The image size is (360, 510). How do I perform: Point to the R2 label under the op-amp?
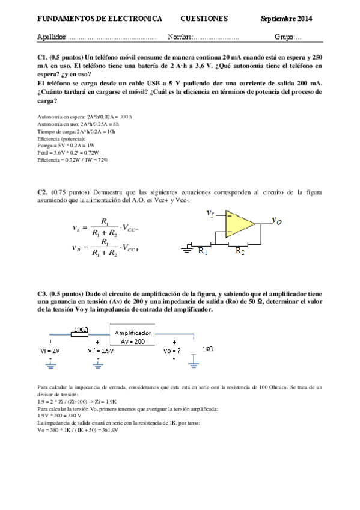pos(240,251)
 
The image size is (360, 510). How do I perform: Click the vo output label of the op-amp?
pos(277,221)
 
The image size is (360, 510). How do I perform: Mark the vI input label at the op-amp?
pos(210,213)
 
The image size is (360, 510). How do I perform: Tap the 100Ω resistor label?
pos(81,330)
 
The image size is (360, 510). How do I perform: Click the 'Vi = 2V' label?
pos(49,350)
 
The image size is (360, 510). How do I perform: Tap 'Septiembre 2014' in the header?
pos(287,19)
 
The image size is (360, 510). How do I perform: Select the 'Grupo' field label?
pos(284,37)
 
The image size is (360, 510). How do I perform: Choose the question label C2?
pos(42,192)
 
